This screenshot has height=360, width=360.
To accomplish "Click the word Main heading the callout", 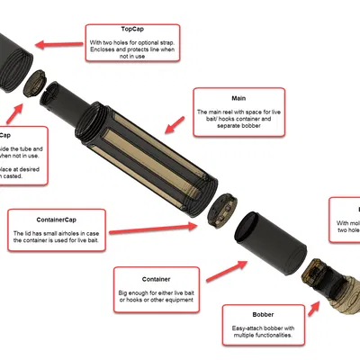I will (x=238, y=98).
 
